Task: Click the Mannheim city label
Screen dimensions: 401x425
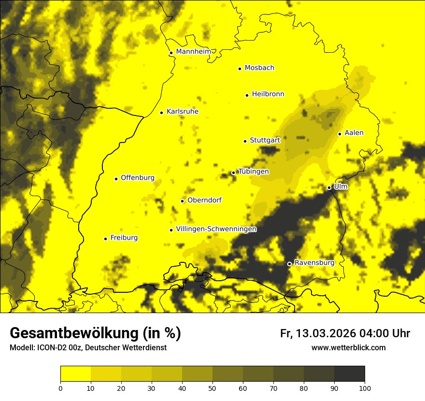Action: (x=194, y=52)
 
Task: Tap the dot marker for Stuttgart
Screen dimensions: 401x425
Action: (x=245, y=141)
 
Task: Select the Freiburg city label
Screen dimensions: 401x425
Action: (x=124, y=238)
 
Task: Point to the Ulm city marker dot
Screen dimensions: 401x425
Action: (x=329, y=187)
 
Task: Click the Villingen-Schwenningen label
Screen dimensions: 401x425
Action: (x=216, y=229)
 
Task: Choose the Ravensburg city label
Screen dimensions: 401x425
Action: (x=314, y=263)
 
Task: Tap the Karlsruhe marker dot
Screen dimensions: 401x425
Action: (x=161, y=113)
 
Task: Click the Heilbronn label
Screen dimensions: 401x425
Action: (x=268, y=94)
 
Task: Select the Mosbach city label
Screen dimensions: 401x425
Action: (x=259, y=68)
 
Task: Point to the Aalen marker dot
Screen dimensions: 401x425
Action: (x=340, y=134)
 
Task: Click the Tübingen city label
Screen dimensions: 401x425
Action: (x=254, y=172)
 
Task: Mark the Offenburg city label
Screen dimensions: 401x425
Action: (x=138, y=178)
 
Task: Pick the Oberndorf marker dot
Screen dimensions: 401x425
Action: (x=182, y=201)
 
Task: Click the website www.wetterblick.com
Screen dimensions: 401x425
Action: (x=348, y=347)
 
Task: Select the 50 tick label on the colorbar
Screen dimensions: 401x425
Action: (x=212, y=387)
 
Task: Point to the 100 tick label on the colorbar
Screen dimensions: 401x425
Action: (x=364, y=387)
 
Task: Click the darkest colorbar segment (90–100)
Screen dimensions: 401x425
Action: (x=349, y=374)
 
